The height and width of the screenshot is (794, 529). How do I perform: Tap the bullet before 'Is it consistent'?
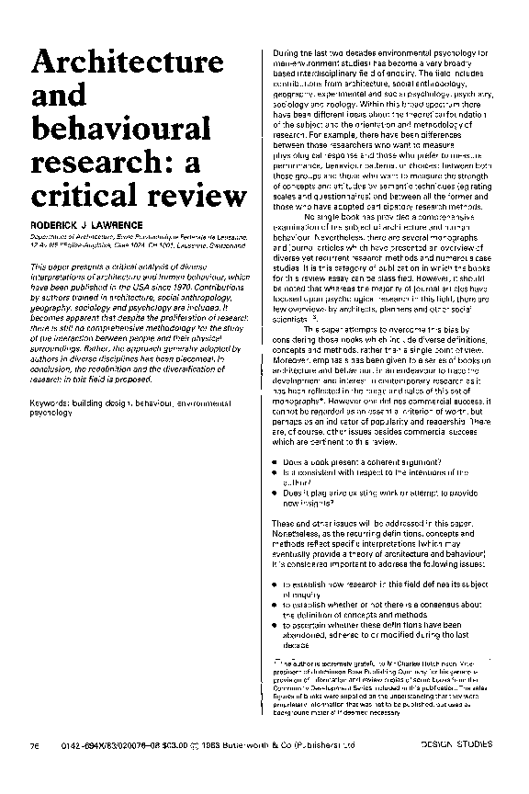[x=277, y=471]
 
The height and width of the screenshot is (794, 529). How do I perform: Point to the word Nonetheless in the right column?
[x=301, y=535]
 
